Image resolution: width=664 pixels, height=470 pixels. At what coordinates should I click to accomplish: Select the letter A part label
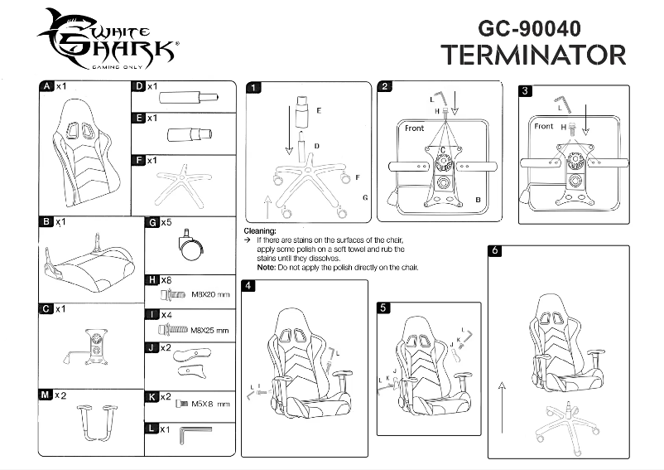click(46, 86)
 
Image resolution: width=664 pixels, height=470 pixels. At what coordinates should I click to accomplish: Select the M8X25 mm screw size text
click(209, 329)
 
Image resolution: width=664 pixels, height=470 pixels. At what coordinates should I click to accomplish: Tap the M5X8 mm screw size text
click(211, 404)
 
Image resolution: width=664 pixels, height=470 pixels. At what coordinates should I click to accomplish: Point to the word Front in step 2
click(415, 128)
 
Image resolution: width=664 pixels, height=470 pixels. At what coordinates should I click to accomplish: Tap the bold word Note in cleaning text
click(266, 268)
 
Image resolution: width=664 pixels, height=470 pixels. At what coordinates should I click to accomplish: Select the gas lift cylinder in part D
click(190, 96)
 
